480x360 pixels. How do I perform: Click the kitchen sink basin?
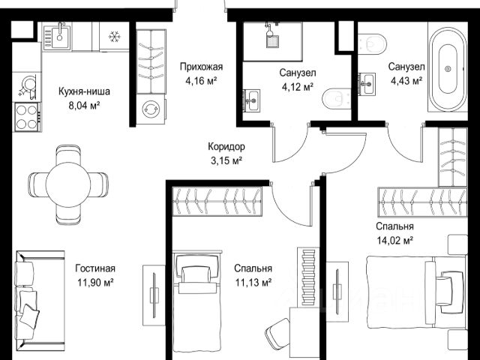pos(60,37)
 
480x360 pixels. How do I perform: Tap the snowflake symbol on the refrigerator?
pos(114,37)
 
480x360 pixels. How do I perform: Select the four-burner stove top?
pos(27,117)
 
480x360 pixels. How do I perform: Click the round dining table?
pos(68,184)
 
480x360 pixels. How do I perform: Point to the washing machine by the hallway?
pos(150,109)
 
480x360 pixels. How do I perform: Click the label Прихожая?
pos(201,67)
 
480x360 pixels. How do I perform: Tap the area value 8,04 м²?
pos(85,106)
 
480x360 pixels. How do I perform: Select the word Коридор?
pos(226,147)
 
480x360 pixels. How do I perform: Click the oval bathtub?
pos(448,70)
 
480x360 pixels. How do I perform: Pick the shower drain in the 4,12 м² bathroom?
pos(271,41)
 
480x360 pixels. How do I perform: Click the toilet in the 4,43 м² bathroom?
pos(372,44)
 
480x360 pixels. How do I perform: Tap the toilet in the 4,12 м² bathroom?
pos(337,99)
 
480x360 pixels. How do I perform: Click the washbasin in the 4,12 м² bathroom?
pos(252,100)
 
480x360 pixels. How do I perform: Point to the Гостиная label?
pos(95,268)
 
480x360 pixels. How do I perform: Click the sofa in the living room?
pos(40,301)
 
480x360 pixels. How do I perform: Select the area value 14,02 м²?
pos(395,241)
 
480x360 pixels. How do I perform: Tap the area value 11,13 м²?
pos(253,282)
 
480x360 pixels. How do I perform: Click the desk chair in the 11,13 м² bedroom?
pos(278,333)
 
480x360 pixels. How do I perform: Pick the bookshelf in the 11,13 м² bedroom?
pos(308,277)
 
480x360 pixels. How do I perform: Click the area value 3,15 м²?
pos(226,160)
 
